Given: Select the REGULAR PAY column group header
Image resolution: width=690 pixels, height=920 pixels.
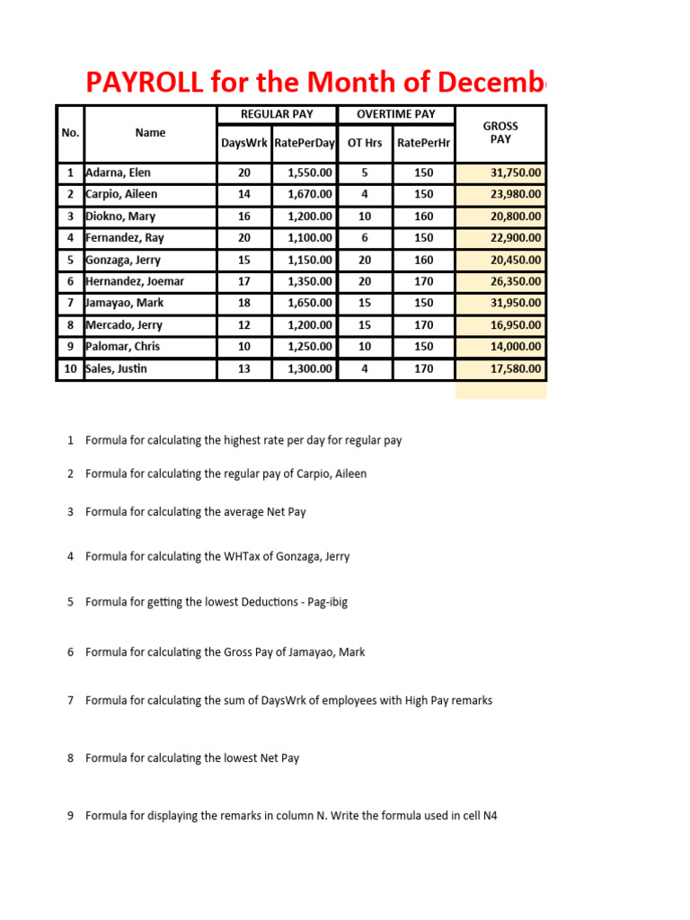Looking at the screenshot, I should tap(277, 114).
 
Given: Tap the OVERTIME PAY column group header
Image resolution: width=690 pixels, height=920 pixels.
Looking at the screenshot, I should tap(395, 114).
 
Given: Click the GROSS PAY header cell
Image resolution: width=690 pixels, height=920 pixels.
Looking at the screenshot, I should tap(500, 133).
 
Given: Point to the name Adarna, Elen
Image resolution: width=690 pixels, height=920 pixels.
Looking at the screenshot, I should tap(121, 172).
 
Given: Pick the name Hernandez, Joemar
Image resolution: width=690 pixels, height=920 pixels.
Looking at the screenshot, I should tap(134, 281).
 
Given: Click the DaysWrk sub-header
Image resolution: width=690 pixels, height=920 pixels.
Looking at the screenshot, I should tap(244, 143).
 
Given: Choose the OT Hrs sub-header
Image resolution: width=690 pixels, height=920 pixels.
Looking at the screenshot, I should tap(365, 143).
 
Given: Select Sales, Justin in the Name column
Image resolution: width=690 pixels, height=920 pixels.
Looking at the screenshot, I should tap(116, 368).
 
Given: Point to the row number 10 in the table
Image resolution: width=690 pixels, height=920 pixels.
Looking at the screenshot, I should tap(69, 368).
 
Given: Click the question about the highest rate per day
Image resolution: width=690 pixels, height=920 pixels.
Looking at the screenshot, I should tap(243, 440).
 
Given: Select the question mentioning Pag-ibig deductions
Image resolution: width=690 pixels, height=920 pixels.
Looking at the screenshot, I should tap(217, 602).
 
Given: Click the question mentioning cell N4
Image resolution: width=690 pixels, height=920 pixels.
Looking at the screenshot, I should tap(291, 816).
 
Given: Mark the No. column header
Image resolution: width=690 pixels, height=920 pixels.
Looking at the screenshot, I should tap(70, 133).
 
